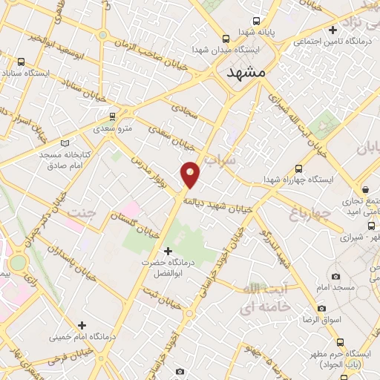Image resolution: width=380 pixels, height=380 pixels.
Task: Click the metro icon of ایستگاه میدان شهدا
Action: coord(226,39)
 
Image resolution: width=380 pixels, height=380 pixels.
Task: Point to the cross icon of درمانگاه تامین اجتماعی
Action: coord(333,30)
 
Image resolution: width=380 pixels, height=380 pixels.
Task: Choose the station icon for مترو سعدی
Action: coord(112,116)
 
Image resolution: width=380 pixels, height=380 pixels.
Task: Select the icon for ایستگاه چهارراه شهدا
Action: coord(298,168)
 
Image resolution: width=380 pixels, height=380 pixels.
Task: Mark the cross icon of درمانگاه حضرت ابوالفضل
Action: coord(169,251)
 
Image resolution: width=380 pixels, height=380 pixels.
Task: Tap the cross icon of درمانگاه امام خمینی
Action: coord(82,325)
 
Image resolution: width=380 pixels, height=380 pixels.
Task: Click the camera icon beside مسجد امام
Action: coord(338,275)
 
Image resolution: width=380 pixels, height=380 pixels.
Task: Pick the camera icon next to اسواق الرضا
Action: coord(321,308)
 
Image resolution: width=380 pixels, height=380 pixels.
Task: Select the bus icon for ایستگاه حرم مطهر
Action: coord(340,343)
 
